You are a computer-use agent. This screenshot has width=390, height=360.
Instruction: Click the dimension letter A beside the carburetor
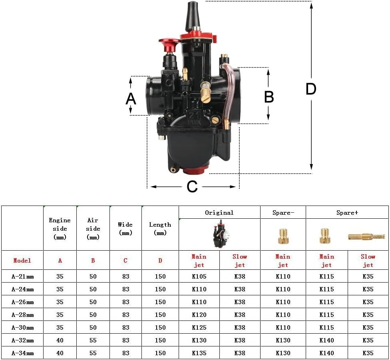click(x=131, y=98)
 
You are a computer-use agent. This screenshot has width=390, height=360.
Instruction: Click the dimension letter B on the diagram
click(x=269, y=97)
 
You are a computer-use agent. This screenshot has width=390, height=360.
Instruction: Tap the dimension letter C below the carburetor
click(x=192, y=187)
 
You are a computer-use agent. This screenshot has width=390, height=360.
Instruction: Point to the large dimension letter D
click(x=311, y=89)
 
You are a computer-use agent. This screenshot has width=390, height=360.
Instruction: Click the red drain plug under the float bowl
click(x=195, y=171)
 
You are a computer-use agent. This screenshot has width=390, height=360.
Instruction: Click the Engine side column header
click(x=60, y=229)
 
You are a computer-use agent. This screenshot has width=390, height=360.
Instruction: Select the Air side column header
click(x=93, y=229)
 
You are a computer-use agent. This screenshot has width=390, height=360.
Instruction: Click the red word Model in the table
click(x=22, y=260)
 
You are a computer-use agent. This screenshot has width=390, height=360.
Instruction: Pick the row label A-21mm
click(x=22, y=276)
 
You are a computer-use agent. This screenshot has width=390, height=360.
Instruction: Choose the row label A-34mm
click(x=22, y=353)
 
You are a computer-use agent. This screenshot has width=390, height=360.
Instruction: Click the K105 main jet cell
click(x=199, y=276)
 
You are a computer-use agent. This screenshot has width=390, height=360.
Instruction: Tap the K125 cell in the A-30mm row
click(x=199, y=327)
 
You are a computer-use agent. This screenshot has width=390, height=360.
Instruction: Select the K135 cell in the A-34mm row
click(x=199, y=353)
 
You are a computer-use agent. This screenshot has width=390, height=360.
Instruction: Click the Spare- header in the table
click(x=283, y=213)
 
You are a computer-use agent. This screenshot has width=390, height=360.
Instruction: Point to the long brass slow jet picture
click(x=366, y=237)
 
